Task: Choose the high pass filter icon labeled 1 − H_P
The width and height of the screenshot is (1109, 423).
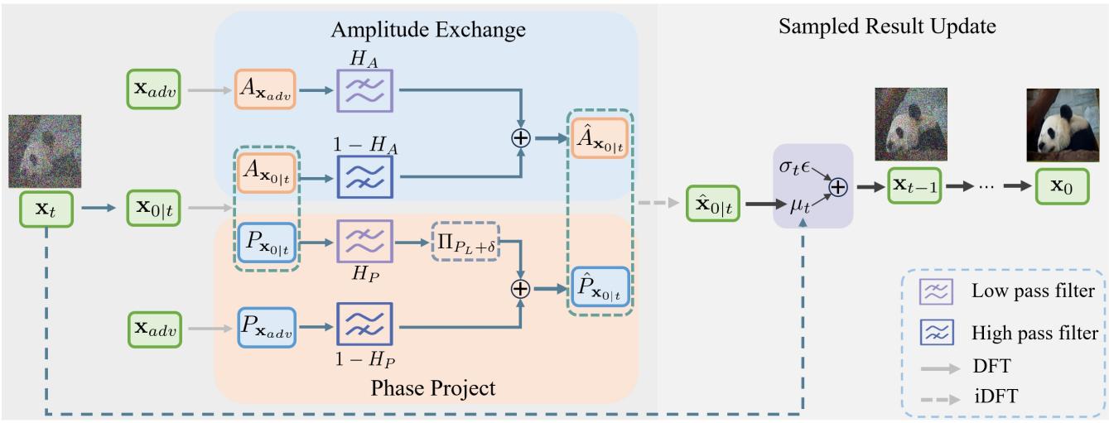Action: coord(364,324)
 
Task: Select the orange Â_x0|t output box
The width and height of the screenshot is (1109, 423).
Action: coord(598,138)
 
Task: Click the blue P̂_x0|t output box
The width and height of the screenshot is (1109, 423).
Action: coord(598,288)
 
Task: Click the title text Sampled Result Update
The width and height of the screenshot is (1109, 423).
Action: coord(887,27)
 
